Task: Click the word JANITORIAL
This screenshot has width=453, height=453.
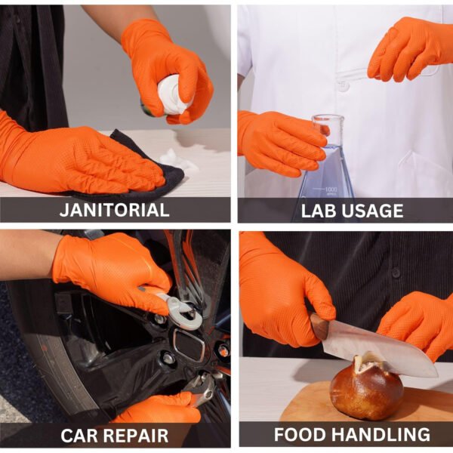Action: pos(115,210)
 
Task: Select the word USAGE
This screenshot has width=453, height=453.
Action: pos(373,211)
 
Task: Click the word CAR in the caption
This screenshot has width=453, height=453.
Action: pos(78,436)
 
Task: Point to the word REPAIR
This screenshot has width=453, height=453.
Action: pos(134,436)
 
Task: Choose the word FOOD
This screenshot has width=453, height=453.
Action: pos(300,434)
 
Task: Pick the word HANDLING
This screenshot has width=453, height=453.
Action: pos(381,434)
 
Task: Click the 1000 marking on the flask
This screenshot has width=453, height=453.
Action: pos(331,190)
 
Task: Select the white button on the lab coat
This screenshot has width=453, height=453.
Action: pos(343,87)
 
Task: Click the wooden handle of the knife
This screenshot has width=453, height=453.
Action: pos(320,325)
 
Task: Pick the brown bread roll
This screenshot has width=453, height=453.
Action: pos(366,387)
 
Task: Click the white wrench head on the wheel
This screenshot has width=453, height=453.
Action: pos(186,314)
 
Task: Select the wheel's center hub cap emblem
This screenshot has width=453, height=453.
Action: pos(190,345)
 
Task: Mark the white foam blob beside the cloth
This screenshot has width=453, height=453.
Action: pos(176,159)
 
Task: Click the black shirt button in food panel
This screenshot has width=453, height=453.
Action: pos(396,272)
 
